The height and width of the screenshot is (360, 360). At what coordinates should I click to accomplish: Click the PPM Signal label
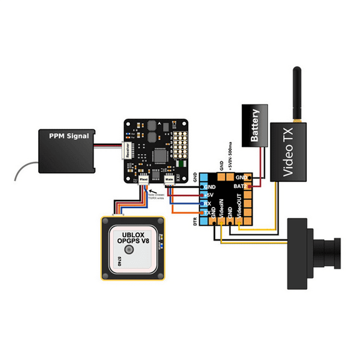click(69, 135)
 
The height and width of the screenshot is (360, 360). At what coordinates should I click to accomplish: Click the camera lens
click(329, 249)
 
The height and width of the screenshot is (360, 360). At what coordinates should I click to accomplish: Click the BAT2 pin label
click(239, 187)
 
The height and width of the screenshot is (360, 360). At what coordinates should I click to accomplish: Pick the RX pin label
click(207, 204)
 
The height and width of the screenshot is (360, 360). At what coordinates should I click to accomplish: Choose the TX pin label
click(207, 212)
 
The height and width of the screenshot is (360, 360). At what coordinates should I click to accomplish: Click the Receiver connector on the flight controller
click(127, 152)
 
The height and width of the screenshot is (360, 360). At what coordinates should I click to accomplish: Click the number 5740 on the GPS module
click(119, 259)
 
